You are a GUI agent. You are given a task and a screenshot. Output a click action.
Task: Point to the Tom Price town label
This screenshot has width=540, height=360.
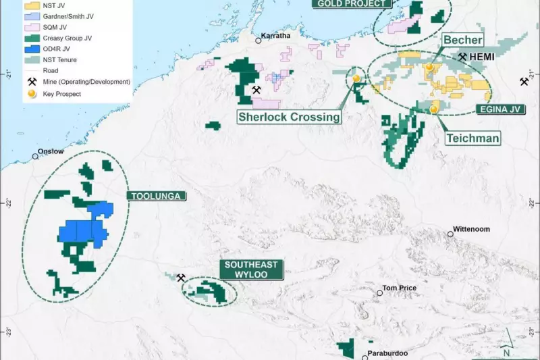point(399,288)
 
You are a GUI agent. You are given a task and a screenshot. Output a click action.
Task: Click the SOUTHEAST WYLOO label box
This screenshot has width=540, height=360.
point(252,269)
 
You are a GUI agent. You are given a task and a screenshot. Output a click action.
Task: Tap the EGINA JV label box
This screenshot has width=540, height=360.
point(502,108)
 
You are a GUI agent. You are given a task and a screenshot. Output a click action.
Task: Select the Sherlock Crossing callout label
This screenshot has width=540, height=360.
point(289,117)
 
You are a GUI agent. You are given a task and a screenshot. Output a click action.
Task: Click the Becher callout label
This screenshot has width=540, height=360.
point(462,41)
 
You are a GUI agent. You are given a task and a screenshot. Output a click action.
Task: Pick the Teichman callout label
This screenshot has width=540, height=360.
point(473,138)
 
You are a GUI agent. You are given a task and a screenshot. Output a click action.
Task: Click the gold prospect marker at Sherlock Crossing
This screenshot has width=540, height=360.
point(356,78)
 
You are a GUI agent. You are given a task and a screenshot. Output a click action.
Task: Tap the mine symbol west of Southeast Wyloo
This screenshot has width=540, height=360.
point(181,278)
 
